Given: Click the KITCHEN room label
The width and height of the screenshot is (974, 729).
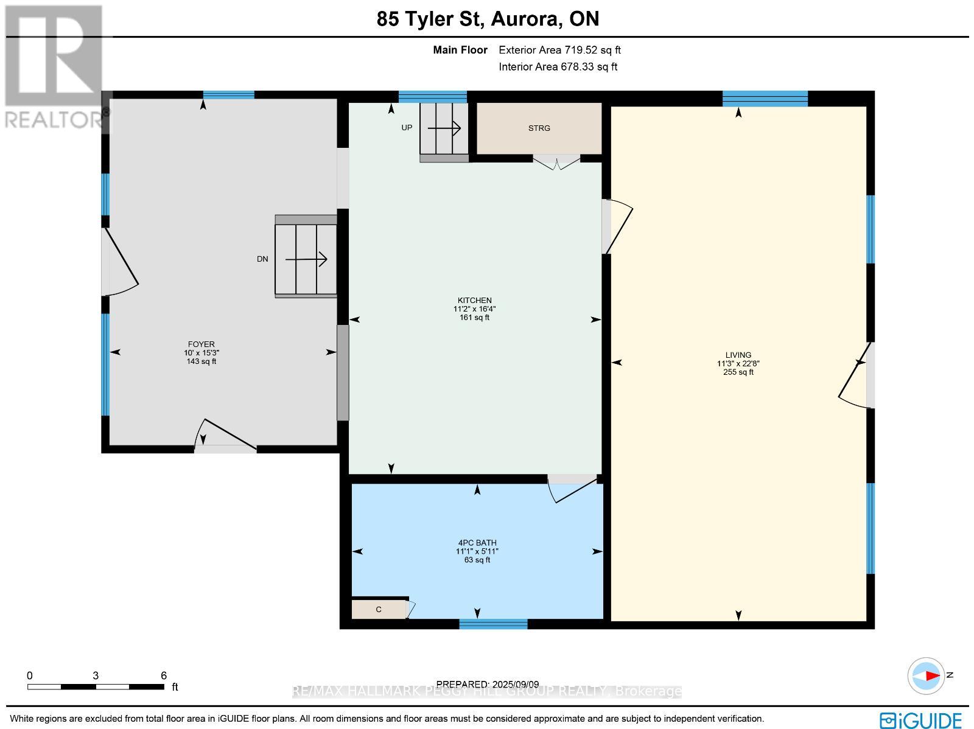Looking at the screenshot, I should click(474, 301).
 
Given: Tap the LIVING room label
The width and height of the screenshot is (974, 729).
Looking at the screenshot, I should click(738, 355).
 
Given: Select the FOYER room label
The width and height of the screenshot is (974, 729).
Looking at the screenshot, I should click(201, 344).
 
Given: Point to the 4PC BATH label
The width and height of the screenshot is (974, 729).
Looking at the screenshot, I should click(477, 543).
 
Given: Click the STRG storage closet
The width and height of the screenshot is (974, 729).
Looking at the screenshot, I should click(539, 128).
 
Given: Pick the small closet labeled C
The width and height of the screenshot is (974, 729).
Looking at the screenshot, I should click(379, 609).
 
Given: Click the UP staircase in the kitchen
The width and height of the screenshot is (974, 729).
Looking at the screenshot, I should click(444, 128).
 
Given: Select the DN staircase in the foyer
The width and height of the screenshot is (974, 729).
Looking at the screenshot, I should click(306, 259).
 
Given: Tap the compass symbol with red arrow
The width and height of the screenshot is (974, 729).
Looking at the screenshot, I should click(927, 675).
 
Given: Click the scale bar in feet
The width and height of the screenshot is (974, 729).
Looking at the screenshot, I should click(96, 686).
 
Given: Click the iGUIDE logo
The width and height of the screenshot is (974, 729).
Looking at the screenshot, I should click(921, 720).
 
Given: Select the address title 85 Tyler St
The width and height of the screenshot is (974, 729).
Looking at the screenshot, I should click(488, 19).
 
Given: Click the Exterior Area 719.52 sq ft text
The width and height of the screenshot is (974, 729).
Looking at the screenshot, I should click(559, 51).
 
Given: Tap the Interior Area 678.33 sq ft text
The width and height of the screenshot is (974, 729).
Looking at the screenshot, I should click(558, 67).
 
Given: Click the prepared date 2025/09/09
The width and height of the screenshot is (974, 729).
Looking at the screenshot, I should click(488, 684).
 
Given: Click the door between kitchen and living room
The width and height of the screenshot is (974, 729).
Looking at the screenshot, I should click(617, 226).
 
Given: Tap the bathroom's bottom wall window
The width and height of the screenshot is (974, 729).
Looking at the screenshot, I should click(493, 624).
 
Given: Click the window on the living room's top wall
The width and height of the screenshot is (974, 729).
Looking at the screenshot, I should click(765, 99).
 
